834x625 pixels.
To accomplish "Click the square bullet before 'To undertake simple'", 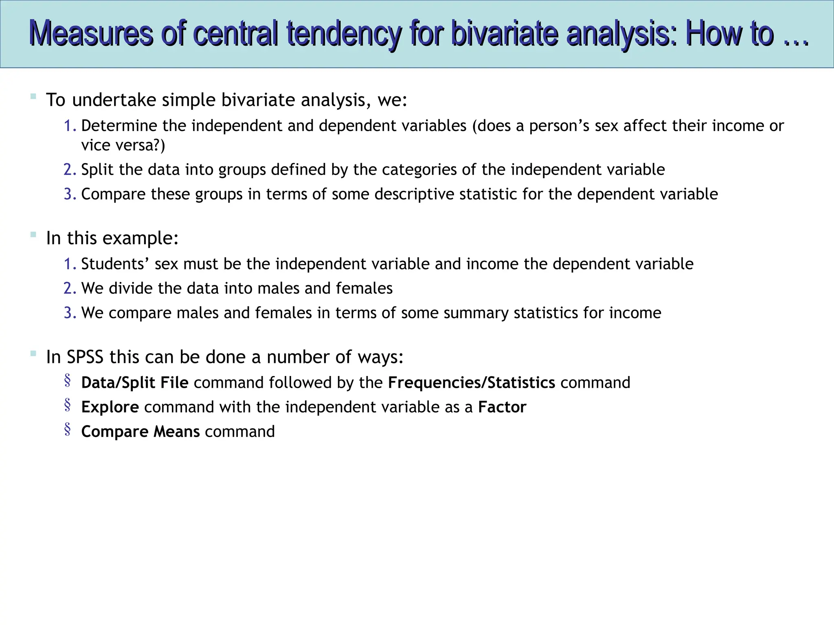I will click(x=33, y=96).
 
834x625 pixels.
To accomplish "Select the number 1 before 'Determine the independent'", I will click(x=69, y=126).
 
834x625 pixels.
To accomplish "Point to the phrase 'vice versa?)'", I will click(x=123, y=145).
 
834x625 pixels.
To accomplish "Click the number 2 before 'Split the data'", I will click(x=69, y=170).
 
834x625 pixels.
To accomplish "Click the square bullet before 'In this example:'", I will click(x=33, y=235).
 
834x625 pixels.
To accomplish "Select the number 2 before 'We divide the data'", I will click(x=69, y=288).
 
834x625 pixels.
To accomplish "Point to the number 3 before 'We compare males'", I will click(x=69, y=313).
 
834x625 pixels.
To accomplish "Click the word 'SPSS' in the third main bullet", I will click(x=85, y=357).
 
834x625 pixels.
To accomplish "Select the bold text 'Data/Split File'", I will click(x=135, y=383).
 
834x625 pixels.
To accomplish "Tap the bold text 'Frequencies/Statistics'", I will click(x=471, y=383).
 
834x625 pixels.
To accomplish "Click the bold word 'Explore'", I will click(x=110, y=407).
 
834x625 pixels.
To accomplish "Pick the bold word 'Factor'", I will click(x=502, y=407).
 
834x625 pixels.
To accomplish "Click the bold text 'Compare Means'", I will click(x=140, y=432).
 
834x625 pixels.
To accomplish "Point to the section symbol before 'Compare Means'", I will click(x=68, y=429).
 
